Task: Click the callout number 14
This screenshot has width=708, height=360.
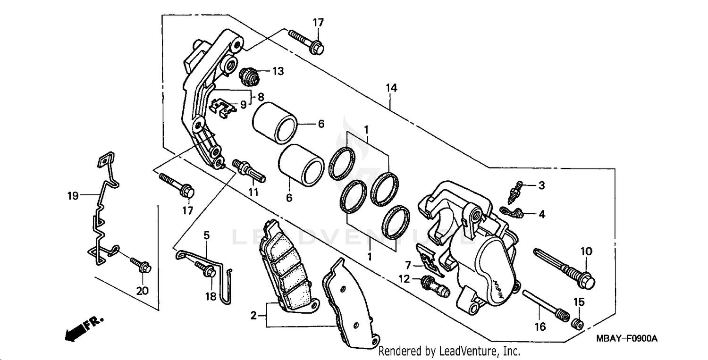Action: click(391, 88)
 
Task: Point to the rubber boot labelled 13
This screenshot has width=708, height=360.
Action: click(249, 76)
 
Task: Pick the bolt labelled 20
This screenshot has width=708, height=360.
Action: click(140, 264)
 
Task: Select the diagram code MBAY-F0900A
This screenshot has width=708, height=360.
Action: click(627, 339)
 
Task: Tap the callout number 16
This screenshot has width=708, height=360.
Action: click(540, 326)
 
